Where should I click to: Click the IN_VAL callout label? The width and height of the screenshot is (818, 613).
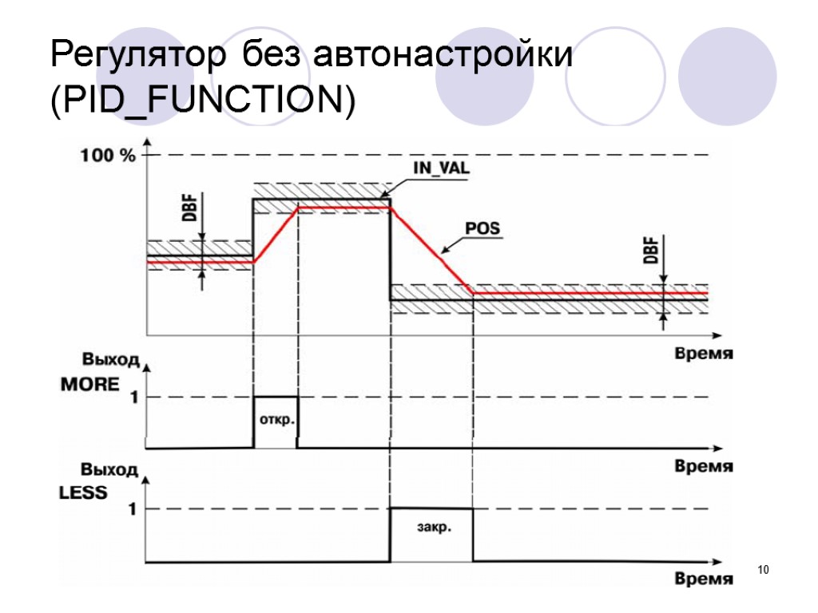(x=441, y=169)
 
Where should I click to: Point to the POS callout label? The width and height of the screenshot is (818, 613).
(x=482, y=229)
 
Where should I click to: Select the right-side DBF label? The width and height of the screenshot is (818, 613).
(x=651, y=252)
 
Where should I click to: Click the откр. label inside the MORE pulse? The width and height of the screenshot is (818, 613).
(x=276, y=419)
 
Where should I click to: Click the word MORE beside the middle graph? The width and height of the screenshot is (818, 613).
(x=90, y=385)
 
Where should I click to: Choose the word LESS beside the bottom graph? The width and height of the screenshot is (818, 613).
(x=84, y=492)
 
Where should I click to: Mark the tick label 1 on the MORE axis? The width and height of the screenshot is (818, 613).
(x=133, y=397)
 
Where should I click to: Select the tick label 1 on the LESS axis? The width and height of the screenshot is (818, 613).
(x=133, y=509)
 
